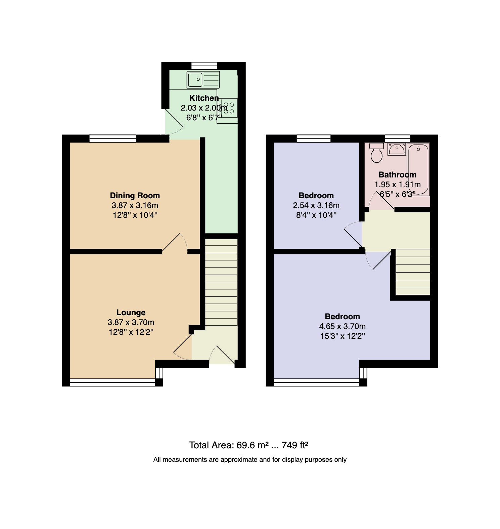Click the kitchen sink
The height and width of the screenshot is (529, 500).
203,80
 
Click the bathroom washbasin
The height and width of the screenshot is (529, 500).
397,149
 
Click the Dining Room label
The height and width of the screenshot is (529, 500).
135,195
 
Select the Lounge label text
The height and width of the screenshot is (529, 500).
131,313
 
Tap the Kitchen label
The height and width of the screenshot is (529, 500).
204,98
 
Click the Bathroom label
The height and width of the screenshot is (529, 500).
397,174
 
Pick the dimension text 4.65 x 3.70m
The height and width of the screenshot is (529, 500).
342,326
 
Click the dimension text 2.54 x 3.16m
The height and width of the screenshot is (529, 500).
316,205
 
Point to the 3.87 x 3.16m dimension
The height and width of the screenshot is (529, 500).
135,205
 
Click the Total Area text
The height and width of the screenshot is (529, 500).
249,445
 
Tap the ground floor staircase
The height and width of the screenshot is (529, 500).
221,282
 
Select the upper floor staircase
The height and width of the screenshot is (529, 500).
413,272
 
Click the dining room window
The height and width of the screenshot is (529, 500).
113,138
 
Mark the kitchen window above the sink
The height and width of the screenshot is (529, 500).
204,66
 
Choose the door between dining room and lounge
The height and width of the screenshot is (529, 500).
175,243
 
